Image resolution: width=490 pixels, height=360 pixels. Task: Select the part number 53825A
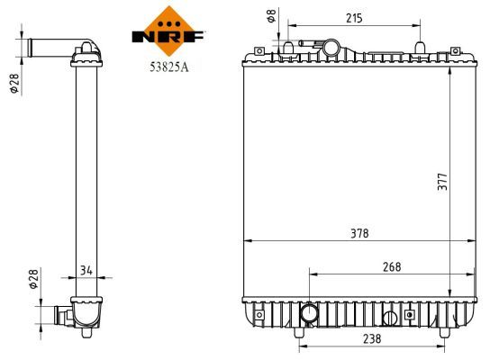pos(168,64)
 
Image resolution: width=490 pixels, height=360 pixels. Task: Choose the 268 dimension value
pos(391,265)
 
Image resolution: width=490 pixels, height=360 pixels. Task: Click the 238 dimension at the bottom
pos(370,339)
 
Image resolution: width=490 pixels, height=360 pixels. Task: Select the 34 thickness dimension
pos(86,267)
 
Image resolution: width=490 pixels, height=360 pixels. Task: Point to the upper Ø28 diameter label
pos(14,83)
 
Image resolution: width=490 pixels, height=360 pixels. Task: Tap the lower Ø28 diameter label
pos(34,279)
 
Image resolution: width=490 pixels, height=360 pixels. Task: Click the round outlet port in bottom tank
pos(309,314)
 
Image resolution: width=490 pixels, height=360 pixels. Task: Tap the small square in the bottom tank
pos(410,315)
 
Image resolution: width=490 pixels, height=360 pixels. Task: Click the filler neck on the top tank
pos(331,46)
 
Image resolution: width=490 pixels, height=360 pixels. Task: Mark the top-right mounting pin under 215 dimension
pos(418,49)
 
